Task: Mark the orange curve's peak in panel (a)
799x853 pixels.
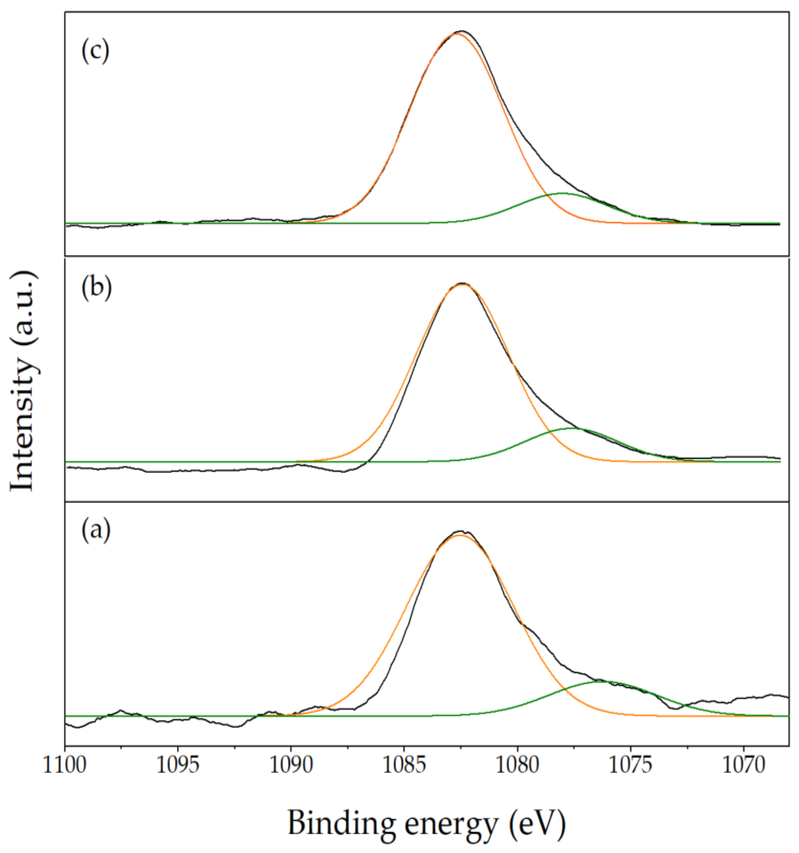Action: pyautogui.click(x=460, y=535)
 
